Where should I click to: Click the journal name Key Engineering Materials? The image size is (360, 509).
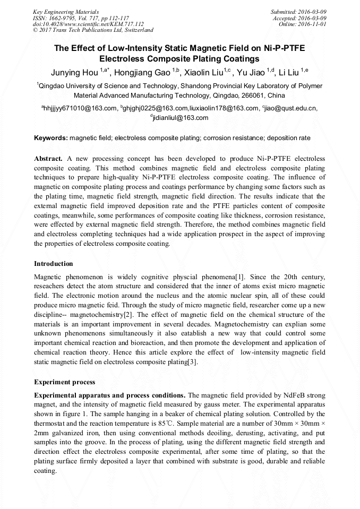pyautogui.click(x=66, y=12)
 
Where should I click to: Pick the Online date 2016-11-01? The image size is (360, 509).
pyautogui.click(x=313, y=24)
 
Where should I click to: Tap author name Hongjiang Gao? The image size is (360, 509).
pyautogui.click(x=146, y=72)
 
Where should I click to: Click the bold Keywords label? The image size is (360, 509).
pyautogui.click(x=51, y=138)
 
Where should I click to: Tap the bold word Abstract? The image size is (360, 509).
pyautogui.click(x=48, y=159)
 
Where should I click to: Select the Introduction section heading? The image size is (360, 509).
pyautogui.click(x=54, y=264)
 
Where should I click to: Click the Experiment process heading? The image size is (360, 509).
pyautogui.click(x=65, y=382)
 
